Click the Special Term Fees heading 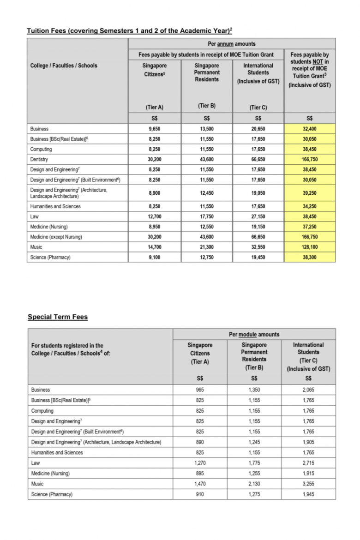point(58,317)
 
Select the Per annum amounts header point(232,44)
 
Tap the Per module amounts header point(254,334)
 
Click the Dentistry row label point(39,159)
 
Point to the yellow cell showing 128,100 point(309,247)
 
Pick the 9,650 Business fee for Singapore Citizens point(154,129)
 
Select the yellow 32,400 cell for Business point(309,129)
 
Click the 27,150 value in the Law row point(258,216)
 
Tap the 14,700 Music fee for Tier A point(154,247)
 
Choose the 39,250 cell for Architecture point(309,193)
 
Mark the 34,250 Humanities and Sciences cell point(309,206)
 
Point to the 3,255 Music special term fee point(308,484)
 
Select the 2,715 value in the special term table point(308,463)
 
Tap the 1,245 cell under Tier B point(254,442)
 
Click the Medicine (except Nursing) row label point(56,237)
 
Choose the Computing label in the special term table point(42,411)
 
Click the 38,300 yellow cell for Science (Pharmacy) point(309,257)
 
